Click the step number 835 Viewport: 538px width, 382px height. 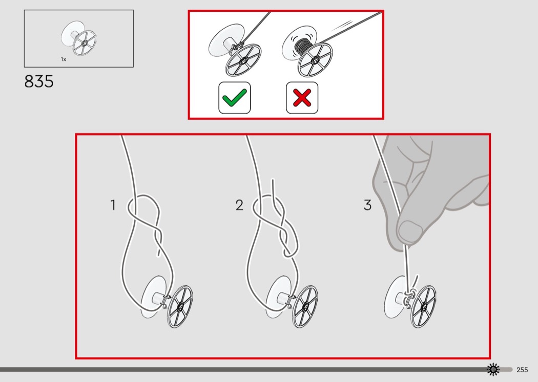(x=39, y=81)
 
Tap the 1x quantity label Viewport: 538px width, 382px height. (x=64, y=59)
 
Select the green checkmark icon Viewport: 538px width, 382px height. (x=235, y=98)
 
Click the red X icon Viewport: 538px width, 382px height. (x=302, y=98)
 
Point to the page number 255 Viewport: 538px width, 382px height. (x=522, y=370)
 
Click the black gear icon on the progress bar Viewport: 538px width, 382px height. (x=493, y=369)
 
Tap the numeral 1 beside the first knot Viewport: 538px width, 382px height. (x=113, y=205)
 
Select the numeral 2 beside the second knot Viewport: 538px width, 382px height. (x=239, y=205)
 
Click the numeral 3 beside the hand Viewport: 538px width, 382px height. (x=367, y=205)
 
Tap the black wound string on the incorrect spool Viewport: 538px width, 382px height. (x=302, y=48)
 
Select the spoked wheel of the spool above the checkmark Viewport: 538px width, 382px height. (x=243, y=60)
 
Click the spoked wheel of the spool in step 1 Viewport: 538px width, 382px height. (x=180, y=306)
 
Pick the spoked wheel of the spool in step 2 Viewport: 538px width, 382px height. (x=305, y=306)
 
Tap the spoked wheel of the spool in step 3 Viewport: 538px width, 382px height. (x=423, y=306)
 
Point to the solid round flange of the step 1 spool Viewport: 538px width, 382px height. (x=152, y=296)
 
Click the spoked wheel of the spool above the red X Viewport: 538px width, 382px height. (x=315, y=60)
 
